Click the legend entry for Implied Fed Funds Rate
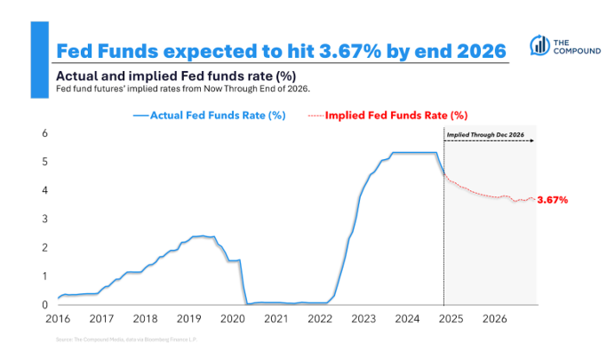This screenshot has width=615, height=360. point(387,116)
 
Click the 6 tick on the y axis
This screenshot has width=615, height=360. point(45,133)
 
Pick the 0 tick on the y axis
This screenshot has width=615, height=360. point(45,305)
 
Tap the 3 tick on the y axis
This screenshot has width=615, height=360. point(45,219)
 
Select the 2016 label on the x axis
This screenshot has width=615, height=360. point(59,318)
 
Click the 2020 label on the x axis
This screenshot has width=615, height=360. point(232,318)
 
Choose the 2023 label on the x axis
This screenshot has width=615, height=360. point(363,318)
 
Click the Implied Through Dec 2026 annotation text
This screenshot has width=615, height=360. point(484,134)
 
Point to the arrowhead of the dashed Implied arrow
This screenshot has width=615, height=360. point(534,143)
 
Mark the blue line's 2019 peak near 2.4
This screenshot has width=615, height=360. point(203,236)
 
